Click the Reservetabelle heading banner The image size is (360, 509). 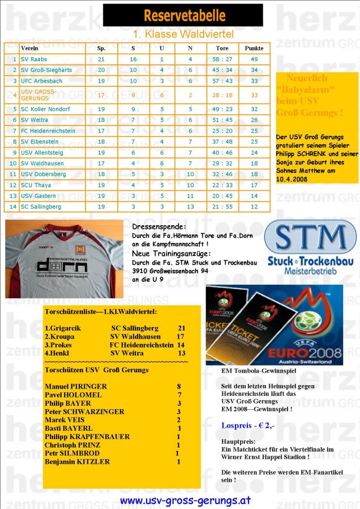(x=184, y=15)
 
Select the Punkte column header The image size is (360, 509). (x=254, y=48)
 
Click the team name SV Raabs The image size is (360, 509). (x=34, y=59)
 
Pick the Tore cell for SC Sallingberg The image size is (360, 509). (x=222, y=207)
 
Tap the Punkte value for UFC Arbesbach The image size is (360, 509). (x=254, y=81)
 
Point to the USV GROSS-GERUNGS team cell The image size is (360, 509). (x=39, y=95)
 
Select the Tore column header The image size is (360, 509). (x=222, y=48)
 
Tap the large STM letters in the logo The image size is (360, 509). (x=310, y=238)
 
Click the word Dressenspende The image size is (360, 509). (x=152, y=226)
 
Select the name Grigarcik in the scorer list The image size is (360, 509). (x=66, y=328)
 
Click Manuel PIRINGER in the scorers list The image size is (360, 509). (x=76, y=386)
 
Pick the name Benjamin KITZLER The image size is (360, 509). (x=77, y=461)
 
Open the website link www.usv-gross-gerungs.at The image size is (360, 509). (x=185, y=500)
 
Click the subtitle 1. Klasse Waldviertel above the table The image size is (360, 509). (x=183, y=34)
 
